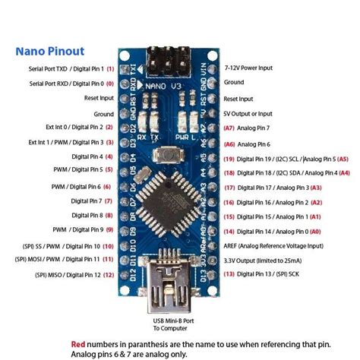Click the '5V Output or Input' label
257,112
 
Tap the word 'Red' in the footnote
79,342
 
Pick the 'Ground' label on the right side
234,82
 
